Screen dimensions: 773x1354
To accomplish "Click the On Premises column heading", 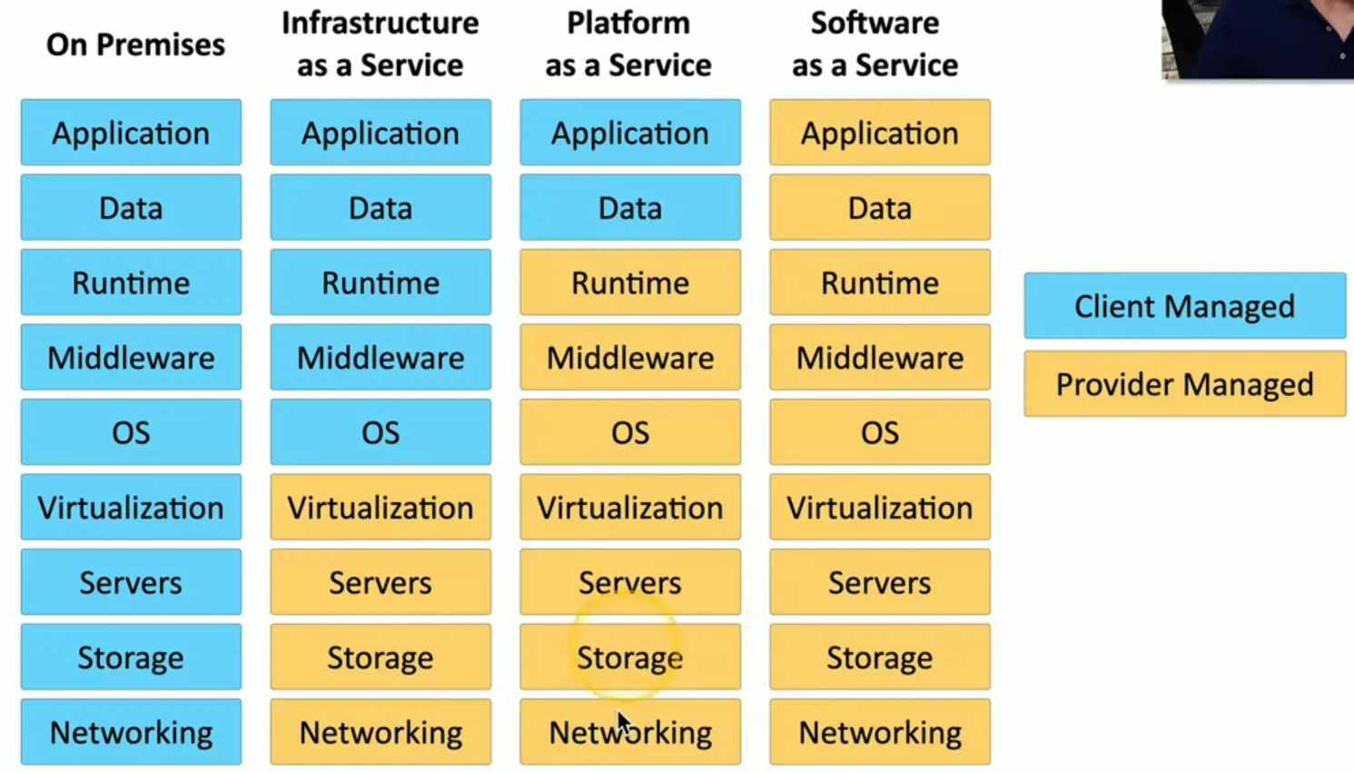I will click(x=135, y=45).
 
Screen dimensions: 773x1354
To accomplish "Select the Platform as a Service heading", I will click(x=628, y=45).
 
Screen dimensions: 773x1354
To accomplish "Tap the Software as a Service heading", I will click(x=875, y=45).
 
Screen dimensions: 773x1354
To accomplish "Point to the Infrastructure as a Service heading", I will click(x=380, y=45).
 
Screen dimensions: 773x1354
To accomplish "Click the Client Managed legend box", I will click(x=1184, y=306).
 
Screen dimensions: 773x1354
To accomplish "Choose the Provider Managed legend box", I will click(x=1184, y=384).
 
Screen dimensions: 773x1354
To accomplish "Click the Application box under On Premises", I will click(x=131, y=133).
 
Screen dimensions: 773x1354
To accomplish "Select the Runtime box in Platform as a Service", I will click(x=630, y=282).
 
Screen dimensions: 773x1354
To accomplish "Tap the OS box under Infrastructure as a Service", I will click(x=381, y=432).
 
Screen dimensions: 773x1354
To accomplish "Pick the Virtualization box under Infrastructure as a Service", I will click(x=381, y=507).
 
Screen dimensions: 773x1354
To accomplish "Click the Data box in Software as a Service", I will click(x=880, y=208).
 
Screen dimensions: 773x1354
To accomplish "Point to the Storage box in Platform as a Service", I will click(x=630, y=657).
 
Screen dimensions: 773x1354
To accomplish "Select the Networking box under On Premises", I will click(x=131, y=732).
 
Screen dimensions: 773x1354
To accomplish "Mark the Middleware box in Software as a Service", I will click(x=880, y=357).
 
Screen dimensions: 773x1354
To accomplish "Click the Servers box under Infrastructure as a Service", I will click(x=381, y=582).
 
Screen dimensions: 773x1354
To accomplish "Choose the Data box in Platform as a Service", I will click(x=630, y=208).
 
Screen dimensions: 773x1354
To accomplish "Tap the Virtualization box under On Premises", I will click(x=131, y=507).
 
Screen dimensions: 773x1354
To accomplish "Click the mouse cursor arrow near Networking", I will click(x=623, y=724).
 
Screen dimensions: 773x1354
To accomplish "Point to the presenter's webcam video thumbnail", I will click(x=1257, y=38).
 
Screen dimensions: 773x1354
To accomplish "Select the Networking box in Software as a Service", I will click(x=880, y=732).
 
